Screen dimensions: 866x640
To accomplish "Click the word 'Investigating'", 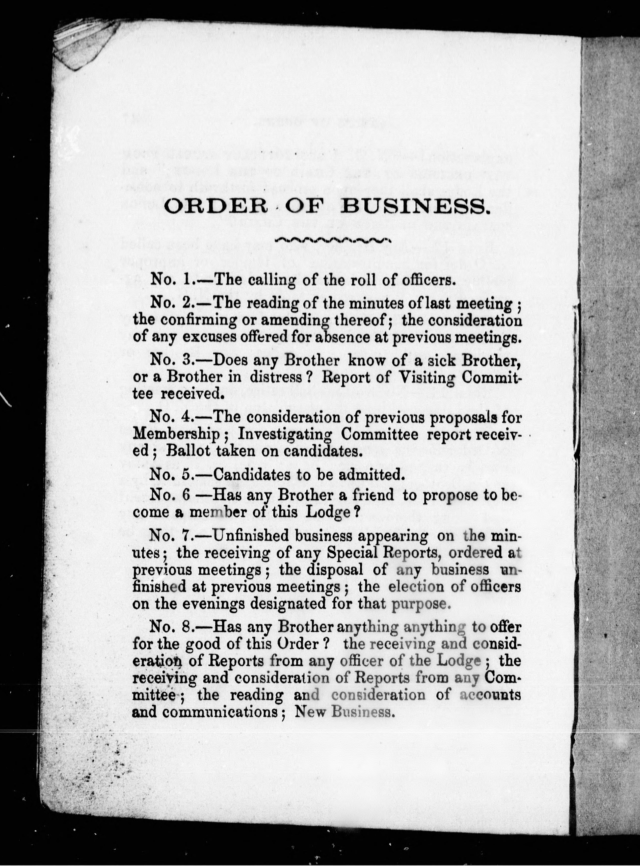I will tap(285, 435).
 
